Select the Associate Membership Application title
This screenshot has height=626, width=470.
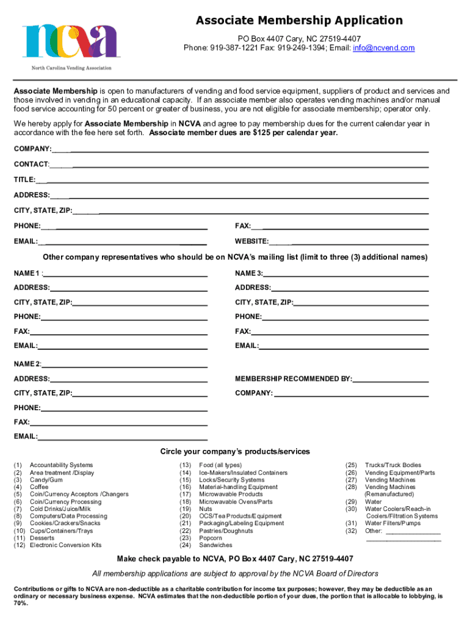pos(299,21)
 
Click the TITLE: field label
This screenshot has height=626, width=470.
pos(25,180)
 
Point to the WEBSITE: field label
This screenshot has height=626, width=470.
pos(252,241)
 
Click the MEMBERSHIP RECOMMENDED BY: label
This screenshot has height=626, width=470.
pos(294,379)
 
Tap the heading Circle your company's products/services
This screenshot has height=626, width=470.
pos(235,452)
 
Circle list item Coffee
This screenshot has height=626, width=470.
pos(40,487)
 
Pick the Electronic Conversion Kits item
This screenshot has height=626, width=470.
pos(65,545)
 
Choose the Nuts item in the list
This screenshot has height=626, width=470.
pos(206,509)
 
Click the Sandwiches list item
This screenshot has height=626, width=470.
pos(215,545)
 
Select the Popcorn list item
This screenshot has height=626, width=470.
pos(211,538)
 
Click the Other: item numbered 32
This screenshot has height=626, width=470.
pos(374,531)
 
